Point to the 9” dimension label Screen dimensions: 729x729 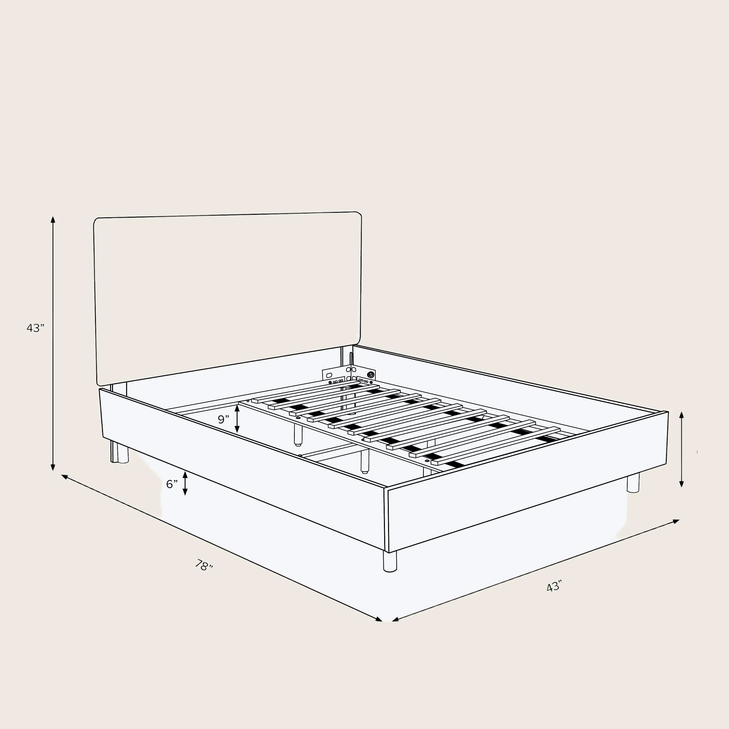(223, 419)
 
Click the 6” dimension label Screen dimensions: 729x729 (172, 484)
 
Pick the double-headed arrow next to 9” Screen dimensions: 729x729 (237, 419)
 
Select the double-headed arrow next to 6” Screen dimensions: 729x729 (185, 483)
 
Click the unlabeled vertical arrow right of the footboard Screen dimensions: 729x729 (681, 449)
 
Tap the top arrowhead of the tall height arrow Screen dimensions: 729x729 (53, 220)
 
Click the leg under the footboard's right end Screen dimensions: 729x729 (633, 483)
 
